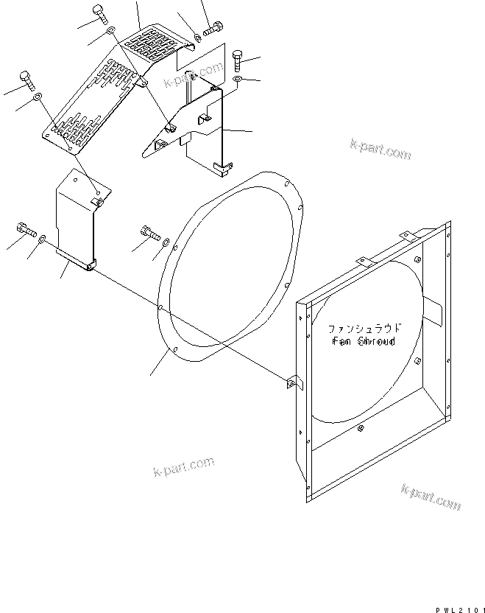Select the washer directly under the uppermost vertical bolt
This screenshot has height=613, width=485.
[110, 32]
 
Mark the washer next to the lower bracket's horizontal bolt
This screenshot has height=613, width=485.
[42, 237]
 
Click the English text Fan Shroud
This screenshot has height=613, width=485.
[364, 342]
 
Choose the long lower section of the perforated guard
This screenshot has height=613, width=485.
[88, 103]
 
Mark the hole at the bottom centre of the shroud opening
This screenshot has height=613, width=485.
[360, 429]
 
